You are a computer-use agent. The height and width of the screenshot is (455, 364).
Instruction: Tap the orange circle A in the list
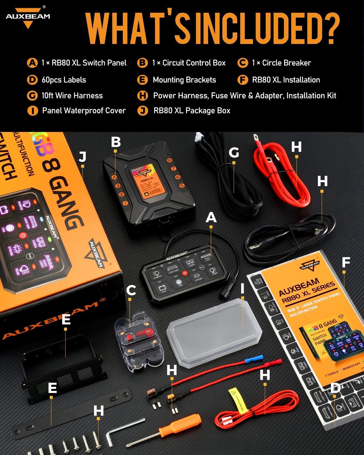tap(32, 63)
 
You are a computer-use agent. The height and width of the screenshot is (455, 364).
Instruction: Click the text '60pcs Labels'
tap(64, 80)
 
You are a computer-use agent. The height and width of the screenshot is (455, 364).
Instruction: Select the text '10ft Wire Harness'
tap(72, 96)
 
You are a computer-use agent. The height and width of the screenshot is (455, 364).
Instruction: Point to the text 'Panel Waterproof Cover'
tap(84, 111)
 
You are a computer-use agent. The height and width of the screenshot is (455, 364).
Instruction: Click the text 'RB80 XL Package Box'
tap(192, 111)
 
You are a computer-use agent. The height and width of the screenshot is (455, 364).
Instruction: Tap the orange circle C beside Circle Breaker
tap(242, 63)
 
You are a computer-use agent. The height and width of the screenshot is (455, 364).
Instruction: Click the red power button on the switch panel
tap(184, 273)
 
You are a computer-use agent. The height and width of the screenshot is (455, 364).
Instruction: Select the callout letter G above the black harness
tap(234, 153)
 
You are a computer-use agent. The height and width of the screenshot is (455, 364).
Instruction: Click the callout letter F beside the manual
tap(346, 263)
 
